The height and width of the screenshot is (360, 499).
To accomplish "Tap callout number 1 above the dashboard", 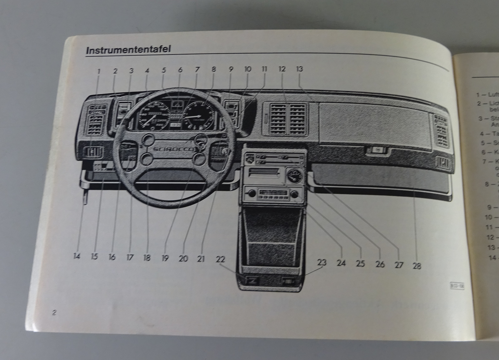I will coord(99,71).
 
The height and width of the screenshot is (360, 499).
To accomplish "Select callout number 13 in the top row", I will coord(299,69).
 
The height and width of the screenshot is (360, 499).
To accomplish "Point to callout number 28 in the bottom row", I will coord(417,266).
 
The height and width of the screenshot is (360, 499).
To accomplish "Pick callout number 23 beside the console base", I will coord(322,262).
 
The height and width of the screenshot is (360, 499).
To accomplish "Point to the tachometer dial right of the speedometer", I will coord(198,116).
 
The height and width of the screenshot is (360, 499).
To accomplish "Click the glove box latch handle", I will coord(377,151).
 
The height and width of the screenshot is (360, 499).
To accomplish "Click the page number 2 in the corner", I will coord(54,313).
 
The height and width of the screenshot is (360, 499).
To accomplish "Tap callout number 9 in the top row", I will coord(231,69).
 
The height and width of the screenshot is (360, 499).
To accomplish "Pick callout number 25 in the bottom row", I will coord(361,263).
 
